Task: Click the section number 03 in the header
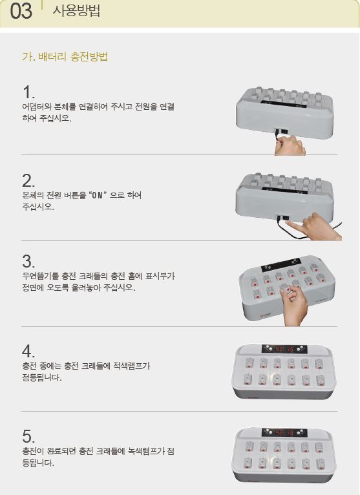[x=21, y=12]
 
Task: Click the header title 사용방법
[x=76, y=10]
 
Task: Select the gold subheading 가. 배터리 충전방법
[x=65, y=57]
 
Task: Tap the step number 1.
[x=28, y=92]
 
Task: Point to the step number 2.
[x=28, y=181]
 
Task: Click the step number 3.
[x=28, y=261]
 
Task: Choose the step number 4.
[x=28, y=351]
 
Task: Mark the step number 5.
[x=28, y=436]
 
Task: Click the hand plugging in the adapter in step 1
[x=290, y=146]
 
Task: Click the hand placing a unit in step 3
[x=293, y=304]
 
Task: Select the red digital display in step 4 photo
[x=284, y=349]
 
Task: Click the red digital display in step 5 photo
[x=284, y=432]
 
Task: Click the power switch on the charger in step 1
[x=285, y=130]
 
